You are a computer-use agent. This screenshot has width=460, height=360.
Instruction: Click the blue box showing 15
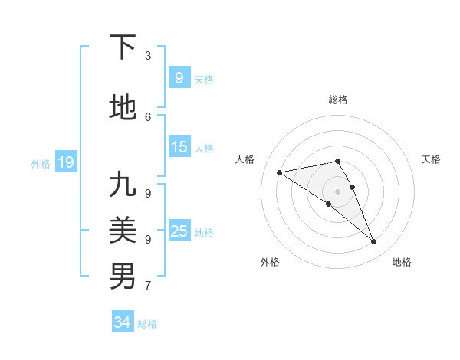click(179, 148)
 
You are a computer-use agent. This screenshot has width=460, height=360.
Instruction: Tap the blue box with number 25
click(179, 231)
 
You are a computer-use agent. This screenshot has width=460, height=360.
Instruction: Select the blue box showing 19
click(66, 162)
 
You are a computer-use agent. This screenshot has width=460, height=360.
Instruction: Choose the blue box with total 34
click(123, 322)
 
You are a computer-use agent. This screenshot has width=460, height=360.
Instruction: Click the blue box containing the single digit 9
click(179, 77)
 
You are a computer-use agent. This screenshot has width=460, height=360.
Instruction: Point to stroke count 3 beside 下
click(148, 56)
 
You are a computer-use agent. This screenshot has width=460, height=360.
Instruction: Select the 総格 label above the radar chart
click(337, 100)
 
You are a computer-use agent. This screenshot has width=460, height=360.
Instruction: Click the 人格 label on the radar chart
click(245, 159)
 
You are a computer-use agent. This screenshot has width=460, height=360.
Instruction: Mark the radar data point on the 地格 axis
click(374, 242)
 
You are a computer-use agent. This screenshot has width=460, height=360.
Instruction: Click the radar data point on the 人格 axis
click(279, 172)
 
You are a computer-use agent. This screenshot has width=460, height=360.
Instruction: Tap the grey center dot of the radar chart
click(337, 191)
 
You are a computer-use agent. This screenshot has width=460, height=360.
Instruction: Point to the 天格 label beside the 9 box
click(204, 79)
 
